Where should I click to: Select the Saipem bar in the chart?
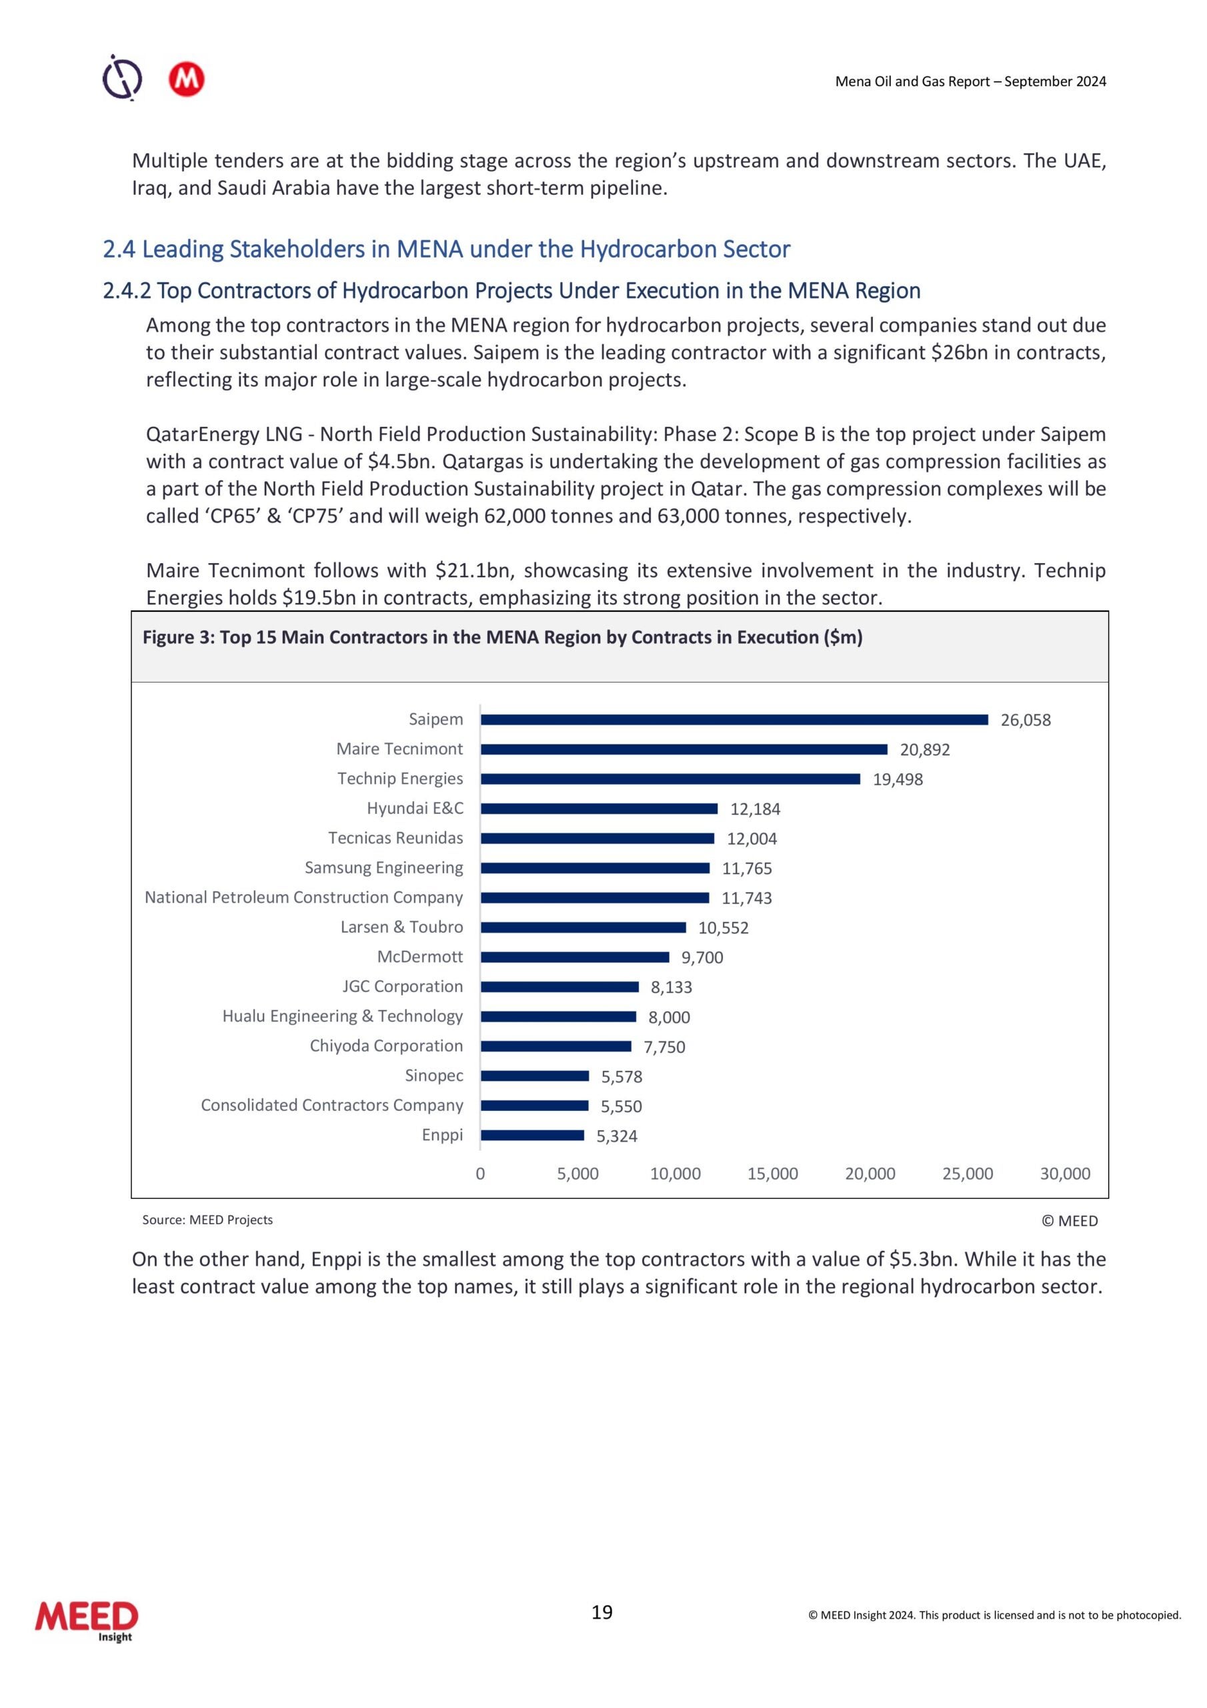(734, 719)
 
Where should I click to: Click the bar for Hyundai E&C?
(599, 809)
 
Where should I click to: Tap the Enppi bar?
(531, 1135)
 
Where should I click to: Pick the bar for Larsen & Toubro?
(583, 927)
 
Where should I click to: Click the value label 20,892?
(924, 750)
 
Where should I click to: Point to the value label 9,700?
(702, 957)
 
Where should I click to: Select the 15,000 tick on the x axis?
(772, 1174)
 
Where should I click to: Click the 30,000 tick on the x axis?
(1064, 1174)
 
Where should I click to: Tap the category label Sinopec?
(433, 1076)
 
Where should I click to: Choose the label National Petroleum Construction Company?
(303, 898)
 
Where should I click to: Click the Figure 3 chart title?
(502, 638)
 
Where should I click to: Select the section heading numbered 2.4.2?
(511, 291)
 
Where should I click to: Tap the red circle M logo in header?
(186, 79)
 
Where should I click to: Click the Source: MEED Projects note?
(207, 1220)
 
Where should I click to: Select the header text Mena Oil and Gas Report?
(970, 82)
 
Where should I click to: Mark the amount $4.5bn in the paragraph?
(399, 462)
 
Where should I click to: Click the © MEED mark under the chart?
(1069, 1221)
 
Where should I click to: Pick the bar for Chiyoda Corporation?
(555, 1047)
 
